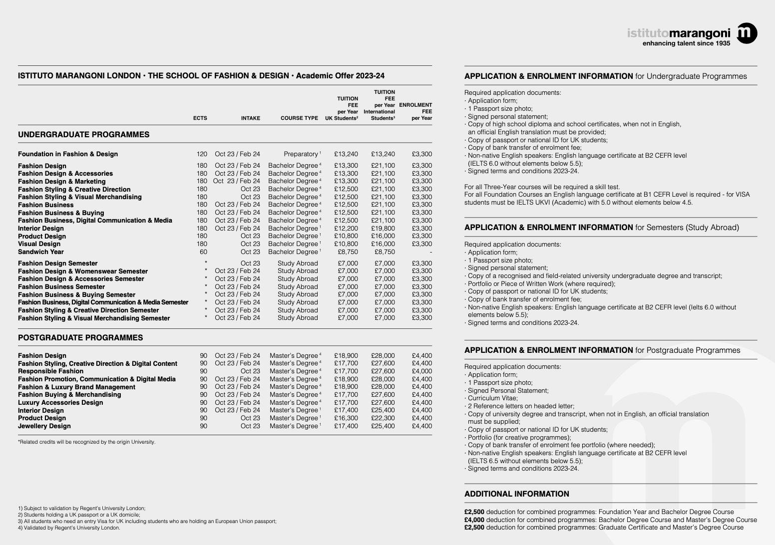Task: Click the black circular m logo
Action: click(747, 33)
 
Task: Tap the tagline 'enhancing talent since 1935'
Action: click(686, 43)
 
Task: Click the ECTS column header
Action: click(200, 118)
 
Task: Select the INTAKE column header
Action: click(250, 118)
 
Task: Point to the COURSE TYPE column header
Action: click(299, 118)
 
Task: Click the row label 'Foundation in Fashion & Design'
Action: click(68, 154)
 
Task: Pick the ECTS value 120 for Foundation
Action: click(202, 154)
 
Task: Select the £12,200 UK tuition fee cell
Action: click(346, 228)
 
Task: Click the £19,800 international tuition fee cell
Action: click(383, 228)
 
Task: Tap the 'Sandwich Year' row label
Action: click(41, 252)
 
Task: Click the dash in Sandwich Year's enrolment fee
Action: click(430, 252)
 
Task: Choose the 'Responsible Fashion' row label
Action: click(50, 371)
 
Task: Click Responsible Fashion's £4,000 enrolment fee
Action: click(421, 371)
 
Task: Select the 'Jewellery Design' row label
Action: click(44, 426)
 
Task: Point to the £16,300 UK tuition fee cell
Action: click(346, 418)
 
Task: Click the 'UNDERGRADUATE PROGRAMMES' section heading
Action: click(83, 135)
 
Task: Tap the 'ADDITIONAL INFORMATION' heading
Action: click(516, 494)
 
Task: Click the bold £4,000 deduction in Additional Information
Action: click(474, 520)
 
